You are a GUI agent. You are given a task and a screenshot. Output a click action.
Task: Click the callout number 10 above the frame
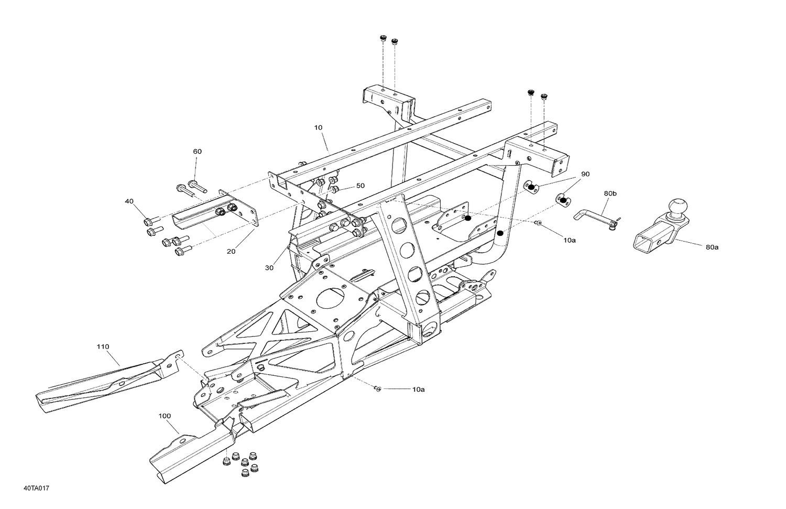coord(319,127)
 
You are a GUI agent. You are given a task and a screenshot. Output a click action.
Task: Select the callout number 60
coord(197,151)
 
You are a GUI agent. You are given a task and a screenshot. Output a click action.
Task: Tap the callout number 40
coord(129,201)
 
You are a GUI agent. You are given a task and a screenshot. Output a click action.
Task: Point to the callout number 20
coord(231,251)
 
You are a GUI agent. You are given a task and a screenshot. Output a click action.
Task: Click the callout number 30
coord(269,268)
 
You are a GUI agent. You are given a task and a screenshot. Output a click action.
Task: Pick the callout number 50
coord(360,186)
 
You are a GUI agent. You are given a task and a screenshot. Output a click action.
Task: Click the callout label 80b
coord(610,193)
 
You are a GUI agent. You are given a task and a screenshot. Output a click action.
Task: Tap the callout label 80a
coord(712,247)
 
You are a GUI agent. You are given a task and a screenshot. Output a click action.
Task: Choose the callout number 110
coord(103,346)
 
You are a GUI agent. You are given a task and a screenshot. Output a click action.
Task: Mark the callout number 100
coord(165,416)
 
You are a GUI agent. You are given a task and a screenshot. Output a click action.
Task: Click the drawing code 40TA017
coord(36,488)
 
